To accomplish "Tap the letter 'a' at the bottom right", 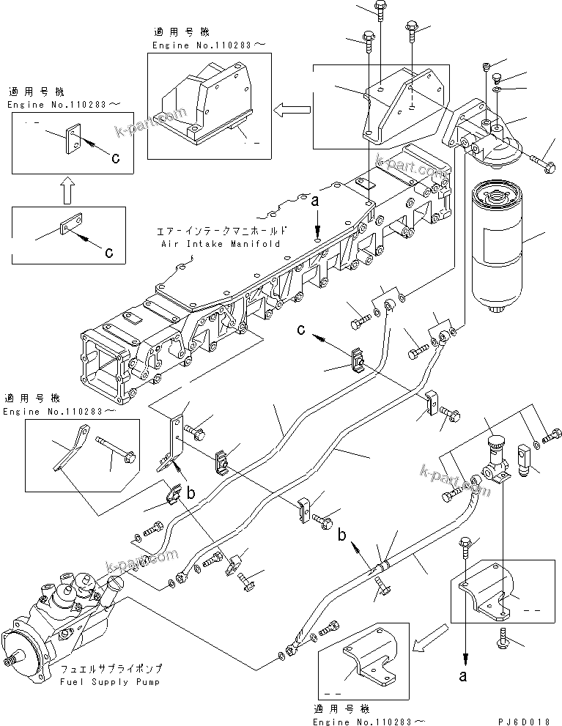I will tap(463, 677).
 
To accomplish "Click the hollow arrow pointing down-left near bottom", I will tap(427, 639).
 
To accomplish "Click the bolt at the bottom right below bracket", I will tap(506, 635).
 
